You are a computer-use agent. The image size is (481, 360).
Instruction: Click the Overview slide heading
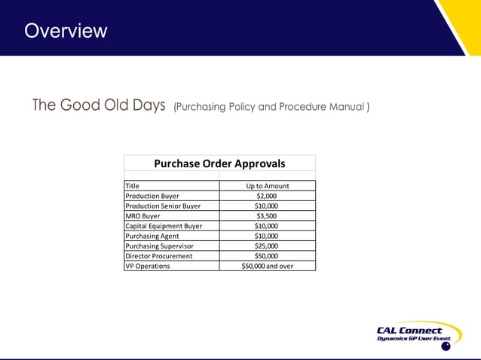point(66,31)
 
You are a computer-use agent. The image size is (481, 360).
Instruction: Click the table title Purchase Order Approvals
point(219,163)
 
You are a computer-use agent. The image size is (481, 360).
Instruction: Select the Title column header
point(133,185)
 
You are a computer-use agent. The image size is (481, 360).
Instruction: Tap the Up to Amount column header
point(267,185)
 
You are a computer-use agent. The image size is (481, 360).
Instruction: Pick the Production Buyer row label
point(152,196)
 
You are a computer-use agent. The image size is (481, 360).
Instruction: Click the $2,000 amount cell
point(267,196)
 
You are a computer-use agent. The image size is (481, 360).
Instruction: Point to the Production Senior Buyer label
point(163,206)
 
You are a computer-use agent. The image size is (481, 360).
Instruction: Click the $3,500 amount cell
point(267,215)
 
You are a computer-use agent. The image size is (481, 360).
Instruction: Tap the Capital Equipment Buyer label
point(164,226)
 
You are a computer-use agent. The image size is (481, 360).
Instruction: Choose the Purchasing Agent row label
point(153,236)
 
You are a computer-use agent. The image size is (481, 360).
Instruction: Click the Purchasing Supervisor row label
point(159,246)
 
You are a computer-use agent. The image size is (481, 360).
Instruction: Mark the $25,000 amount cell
point(267,246)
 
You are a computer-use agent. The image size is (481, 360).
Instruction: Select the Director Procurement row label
point(158,256)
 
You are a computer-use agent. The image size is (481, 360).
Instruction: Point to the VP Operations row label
point(148,266)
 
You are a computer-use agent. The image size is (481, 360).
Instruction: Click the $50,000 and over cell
point(267,266)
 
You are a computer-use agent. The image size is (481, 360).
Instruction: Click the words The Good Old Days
point(99,105)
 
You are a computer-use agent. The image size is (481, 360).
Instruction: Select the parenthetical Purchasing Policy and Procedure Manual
point(271,107)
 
